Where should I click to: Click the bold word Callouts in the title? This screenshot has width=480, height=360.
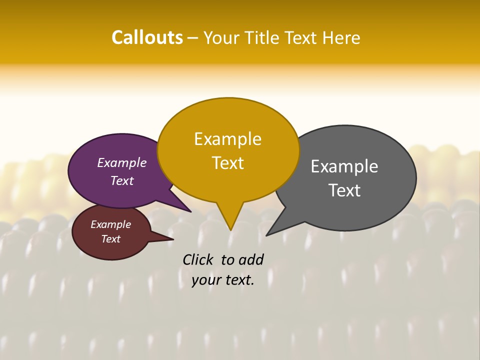point(147,37)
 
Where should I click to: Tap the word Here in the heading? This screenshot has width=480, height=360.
point(341,37)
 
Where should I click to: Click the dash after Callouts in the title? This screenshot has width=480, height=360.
point(193,38)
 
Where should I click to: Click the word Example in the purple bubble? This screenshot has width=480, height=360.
point(121,162)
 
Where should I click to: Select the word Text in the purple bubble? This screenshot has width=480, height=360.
point(121,180)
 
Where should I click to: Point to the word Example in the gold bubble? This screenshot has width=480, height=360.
point(227,139)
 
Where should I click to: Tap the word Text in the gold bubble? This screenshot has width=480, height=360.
point(227,163)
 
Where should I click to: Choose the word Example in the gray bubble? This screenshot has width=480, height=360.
point(344,166)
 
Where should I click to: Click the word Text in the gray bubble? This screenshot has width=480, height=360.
point(344,190)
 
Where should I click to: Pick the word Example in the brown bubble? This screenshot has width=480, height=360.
point(110,224)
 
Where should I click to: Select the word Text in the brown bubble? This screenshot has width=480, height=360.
point(110,239)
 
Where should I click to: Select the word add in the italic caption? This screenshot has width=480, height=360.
point(251,259)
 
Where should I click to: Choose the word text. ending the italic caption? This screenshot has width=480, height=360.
point(239,280)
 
